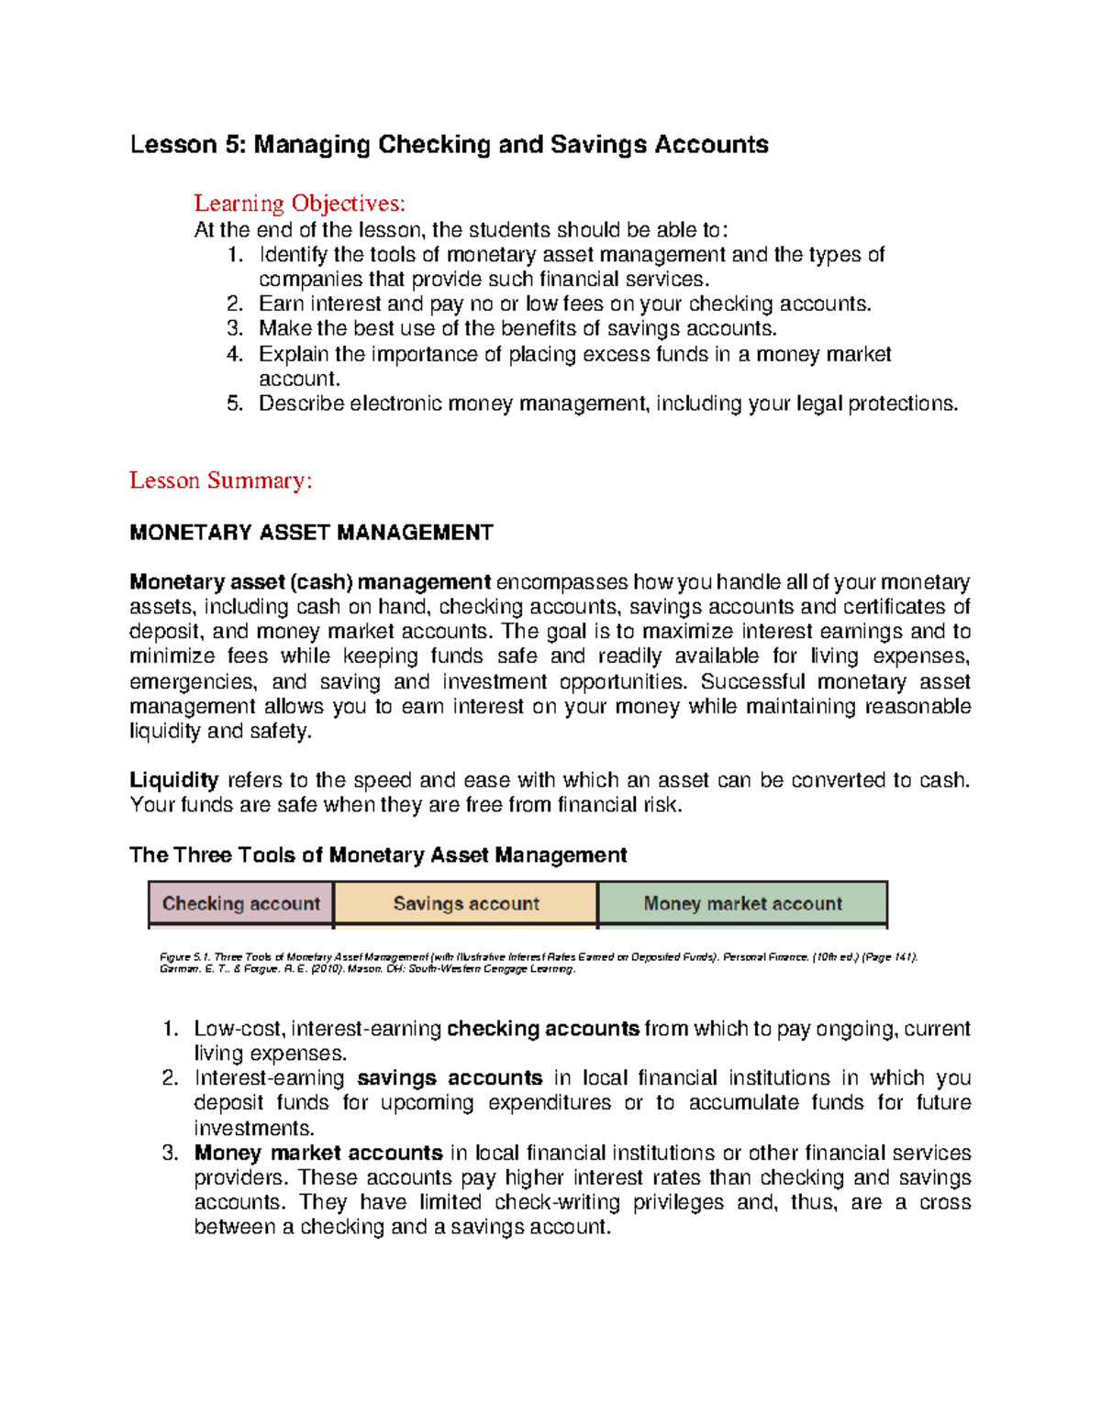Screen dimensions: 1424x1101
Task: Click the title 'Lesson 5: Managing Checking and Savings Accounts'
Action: (449, 145)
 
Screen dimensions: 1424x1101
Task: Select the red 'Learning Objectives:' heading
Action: (299, 203)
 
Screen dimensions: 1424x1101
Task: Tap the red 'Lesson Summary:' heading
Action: (220, 480)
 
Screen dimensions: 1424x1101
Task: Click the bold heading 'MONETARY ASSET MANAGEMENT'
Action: (311, 533)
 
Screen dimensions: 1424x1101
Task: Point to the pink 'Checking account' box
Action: (241, 904)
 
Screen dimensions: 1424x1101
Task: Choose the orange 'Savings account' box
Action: (466, 904)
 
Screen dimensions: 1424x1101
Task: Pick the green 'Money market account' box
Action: (742, 904)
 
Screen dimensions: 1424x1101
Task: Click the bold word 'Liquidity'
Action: (173, 780)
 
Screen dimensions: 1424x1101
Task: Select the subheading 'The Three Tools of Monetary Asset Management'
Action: (378, 856)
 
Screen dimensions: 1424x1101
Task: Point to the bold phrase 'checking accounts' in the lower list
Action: (542, 1029)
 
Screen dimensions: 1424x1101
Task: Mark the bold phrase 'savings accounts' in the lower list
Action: (450, 1078)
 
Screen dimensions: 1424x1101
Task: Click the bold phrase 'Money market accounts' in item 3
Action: (318, 1153)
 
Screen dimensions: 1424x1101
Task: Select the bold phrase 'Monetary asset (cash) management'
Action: (310, 582)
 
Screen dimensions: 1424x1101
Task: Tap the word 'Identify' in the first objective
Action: (293, 254)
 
